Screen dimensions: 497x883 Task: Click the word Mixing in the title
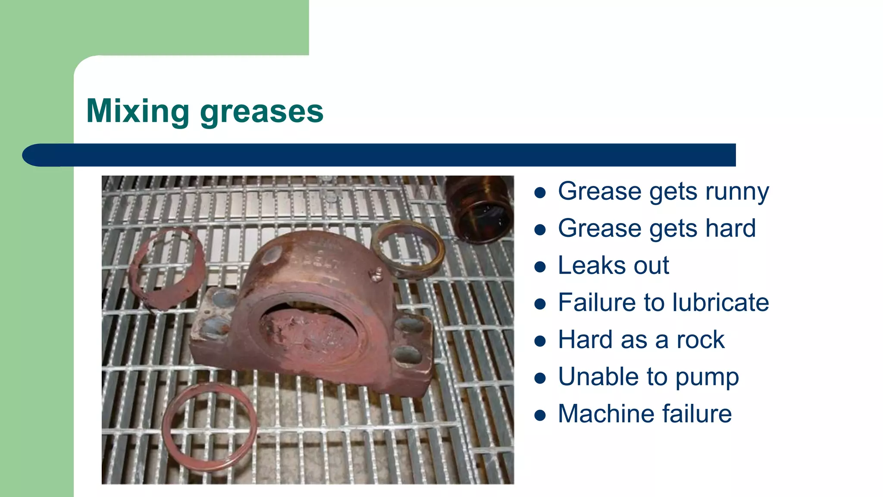coord(138,111)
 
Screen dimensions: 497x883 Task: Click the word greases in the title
coord(262,112)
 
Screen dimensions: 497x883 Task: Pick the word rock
coord(700,340)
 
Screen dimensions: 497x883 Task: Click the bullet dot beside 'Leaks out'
coord(540,267)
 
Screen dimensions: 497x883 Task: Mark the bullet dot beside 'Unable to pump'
coord(540,378)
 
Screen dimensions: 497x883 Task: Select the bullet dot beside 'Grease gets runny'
coord(540,192)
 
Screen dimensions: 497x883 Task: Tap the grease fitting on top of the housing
coord(377,274)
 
